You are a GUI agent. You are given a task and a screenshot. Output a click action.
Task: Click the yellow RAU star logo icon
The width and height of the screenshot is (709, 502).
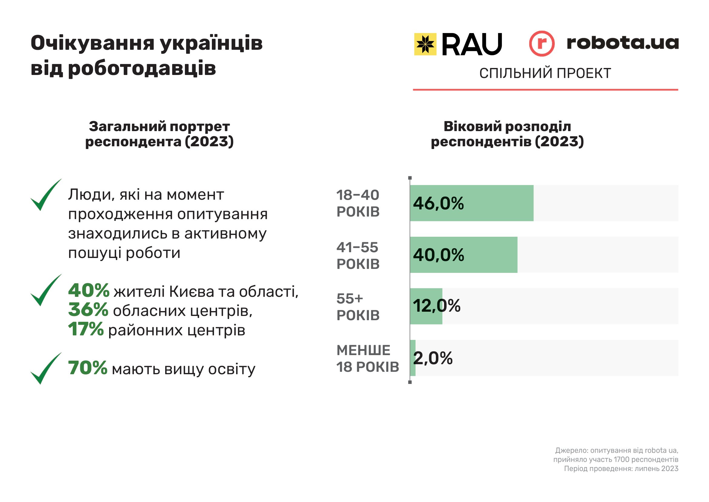pyautogui.click(x=425, y=44)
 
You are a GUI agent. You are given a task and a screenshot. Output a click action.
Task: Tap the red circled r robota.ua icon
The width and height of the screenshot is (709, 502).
pyautogui.click(x=542, y=44)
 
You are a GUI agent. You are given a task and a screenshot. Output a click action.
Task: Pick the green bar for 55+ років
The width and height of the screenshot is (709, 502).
pyautogui.click(x=426, y=306)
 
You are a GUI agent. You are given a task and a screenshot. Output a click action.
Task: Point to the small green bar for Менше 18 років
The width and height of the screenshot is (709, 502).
pyautogui.click(x=413, y=358)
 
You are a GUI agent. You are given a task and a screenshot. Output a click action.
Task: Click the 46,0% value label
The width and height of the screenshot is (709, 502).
pyautogui.click(x=438, y=203)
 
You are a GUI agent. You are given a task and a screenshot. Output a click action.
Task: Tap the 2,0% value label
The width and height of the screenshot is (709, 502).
pyautogui.click(x=433, y=358)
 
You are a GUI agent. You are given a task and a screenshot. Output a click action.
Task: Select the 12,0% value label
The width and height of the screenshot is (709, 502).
pyautogui.click(x=436, y=306)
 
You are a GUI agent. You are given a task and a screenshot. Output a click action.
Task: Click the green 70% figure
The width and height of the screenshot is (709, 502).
pyautogui.click(x=88, y=368)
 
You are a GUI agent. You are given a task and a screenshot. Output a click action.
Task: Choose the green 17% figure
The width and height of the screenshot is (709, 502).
pyautogui.click(x=86, y=329)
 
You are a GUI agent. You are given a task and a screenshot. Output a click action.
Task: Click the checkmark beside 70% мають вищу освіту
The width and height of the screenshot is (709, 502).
pyautogui.click(x=45, y=368)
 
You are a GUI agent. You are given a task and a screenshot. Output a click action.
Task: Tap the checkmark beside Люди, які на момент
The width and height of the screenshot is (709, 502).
pyautogui.click(x=45, y=195)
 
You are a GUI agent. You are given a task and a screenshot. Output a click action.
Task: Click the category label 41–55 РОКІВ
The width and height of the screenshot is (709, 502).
pyautogui.click(x=358, y=256)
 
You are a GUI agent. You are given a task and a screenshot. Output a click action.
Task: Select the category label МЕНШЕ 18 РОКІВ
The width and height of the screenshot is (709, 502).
pyautogui.click(x=367, y=358)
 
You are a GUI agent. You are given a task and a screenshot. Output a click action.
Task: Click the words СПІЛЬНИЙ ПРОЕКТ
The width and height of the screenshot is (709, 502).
pyautogui.click(x=545, y=73)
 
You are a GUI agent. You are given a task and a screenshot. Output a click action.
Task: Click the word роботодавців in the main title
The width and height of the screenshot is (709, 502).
pyautogui.click(x=142, y=68)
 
